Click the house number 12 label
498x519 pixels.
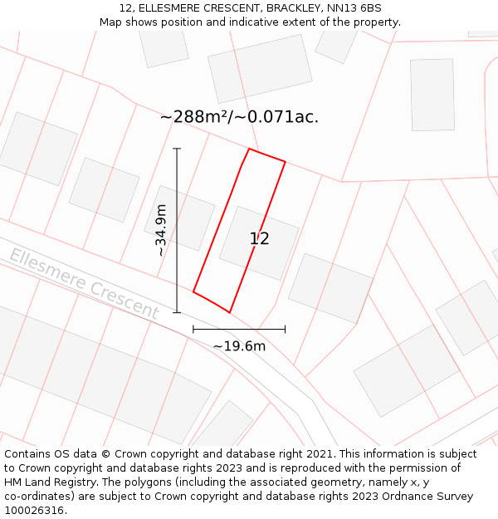coord(259,239)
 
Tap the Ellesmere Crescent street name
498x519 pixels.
coord(84,283)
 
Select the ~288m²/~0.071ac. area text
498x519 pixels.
coord(239,117)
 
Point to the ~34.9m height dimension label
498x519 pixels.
coord(161,230)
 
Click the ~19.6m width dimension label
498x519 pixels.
coord(239,346)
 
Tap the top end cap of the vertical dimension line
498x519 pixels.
coord(177,149)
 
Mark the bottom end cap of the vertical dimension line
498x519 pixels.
coord(177,312)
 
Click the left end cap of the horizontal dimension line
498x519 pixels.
coord(193,329)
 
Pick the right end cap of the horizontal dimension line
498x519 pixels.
coord(285,329)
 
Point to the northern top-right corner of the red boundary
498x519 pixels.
coord(285,162)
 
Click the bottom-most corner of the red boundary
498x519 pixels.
coord(230,312)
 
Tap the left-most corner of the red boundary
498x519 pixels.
coord(193,291)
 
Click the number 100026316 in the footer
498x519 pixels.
coord(36,511)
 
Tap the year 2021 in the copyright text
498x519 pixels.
coord(319,454)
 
